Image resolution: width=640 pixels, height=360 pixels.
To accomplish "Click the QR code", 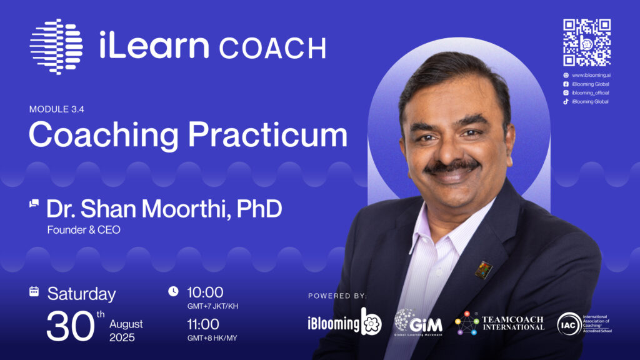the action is tap(587, 42).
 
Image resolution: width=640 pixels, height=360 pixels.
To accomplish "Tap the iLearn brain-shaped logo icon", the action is tap(56, 46).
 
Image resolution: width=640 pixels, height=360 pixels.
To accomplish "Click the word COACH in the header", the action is tap(272, 49).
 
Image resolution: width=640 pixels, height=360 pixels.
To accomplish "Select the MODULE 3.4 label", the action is tap(57, 109).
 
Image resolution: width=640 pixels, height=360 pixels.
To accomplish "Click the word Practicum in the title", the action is tap(267, 135).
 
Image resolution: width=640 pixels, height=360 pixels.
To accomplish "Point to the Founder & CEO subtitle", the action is tap(84, 230).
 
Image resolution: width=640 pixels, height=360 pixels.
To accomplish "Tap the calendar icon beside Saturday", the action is tap(34, 291).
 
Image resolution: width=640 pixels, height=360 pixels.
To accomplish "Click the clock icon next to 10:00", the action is tap(174, 291).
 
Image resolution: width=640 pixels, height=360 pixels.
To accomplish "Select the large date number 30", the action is tap(70, 326).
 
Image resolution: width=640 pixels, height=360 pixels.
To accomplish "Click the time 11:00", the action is tap(203, 324).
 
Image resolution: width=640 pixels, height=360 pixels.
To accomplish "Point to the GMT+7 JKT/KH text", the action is tap(212, 306).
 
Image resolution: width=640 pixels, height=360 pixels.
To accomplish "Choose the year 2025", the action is tap(122, 337).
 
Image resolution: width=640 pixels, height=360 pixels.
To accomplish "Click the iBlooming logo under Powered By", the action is tap(345, 322).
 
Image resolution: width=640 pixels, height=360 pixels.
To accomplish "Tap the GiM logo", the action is tap(418, 322).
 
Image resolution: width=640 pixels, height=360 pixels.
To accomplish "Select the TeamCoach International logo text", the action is tap(514, 323).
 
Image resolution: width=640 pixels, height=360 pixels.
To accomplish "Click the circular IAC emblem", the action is tap(569, 324).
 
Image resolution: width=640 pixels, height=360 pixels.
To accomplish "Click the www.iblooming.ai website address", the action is tap(591, 75).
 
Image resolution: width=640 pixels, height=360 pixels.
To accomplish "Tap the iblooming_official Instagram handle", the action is tap(590, 92).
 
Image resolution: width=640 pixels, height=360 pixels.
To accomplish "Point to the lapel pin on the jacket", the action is tap(483, 270).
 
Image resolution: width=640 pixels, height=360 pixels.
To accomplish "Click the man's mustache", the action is tap(452, 165).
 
